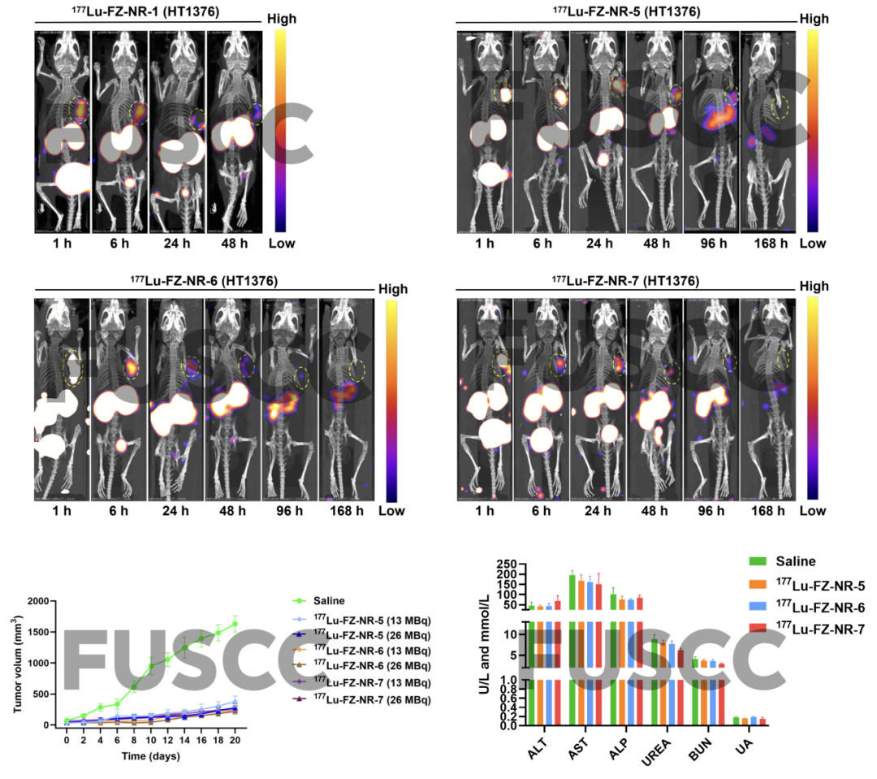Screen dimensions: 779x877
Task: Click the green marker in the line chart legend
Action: [x=299, y=601]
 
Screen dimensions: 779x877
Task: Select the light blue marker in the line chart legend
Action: [x=299, y=619]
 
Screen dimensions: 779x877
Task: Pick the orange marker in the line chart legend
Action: [x=299, y=650]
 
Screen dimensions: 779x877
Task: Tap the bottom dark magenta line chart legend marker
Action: [x=299, y=699]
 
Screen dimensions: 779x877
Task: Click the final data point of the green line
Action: [x=235, y=624]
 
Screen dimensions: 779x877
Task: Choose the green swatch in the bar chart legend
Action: [x=758, y=561]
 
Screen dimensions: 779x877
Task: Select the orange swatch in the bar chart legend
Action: [x=758, y=584]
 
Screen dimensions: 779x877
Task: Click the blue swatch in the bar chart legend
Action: [x=758, y=606]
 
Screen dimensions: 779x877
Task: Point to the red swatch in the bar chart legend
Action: [x=758, y=628]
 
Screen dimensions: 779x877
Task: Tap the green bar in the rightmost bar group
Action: [x=736, y=721]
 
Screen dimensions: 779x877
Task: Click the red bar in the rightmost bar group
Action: [x=763, y=721]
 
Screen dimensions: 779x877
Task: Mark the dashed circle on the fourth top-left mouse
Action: [x=257, y=113]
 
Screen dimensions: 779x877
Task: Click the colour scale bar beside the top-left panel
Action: [x=280, y=130]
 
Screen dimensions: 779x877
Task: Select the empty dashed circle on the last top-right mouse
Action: [x=780, y=106]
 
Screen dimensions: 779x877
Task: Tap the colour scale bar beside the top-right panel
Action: [x=812, y=130]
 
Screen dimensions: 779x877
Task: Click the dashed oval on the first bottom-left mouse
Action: [x=73, y=367]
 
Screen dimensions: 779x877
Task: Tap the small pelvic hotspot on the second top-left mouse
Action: [x=130, y=184]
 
